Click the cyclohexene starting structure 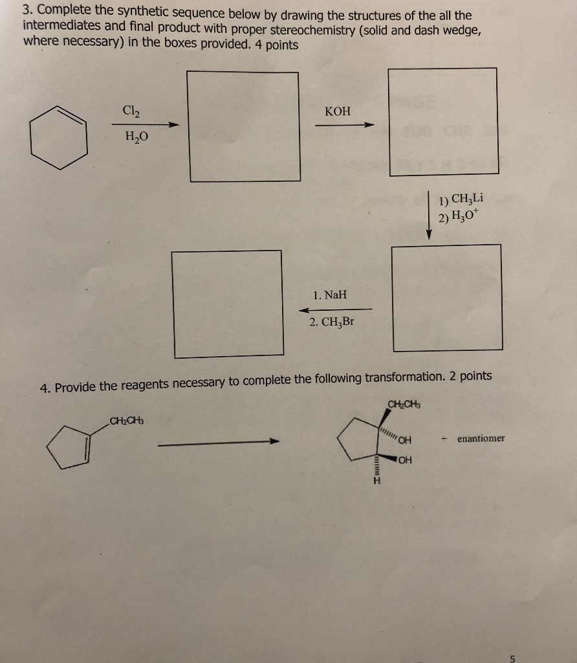60,137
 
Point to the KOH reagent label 338,111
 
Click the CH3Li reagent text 461,201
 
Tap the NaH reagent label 330,295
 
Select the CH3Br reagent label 331,322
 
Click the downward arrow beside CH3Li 428,216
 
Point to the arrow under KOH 344,125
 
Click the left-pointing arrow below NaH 335,309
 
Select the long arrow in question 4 221,443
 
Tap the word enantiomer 481,438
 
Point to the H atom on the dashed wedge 373,482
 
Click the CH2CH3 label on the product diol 403,406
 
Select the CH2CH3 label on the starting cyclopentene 127,421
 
